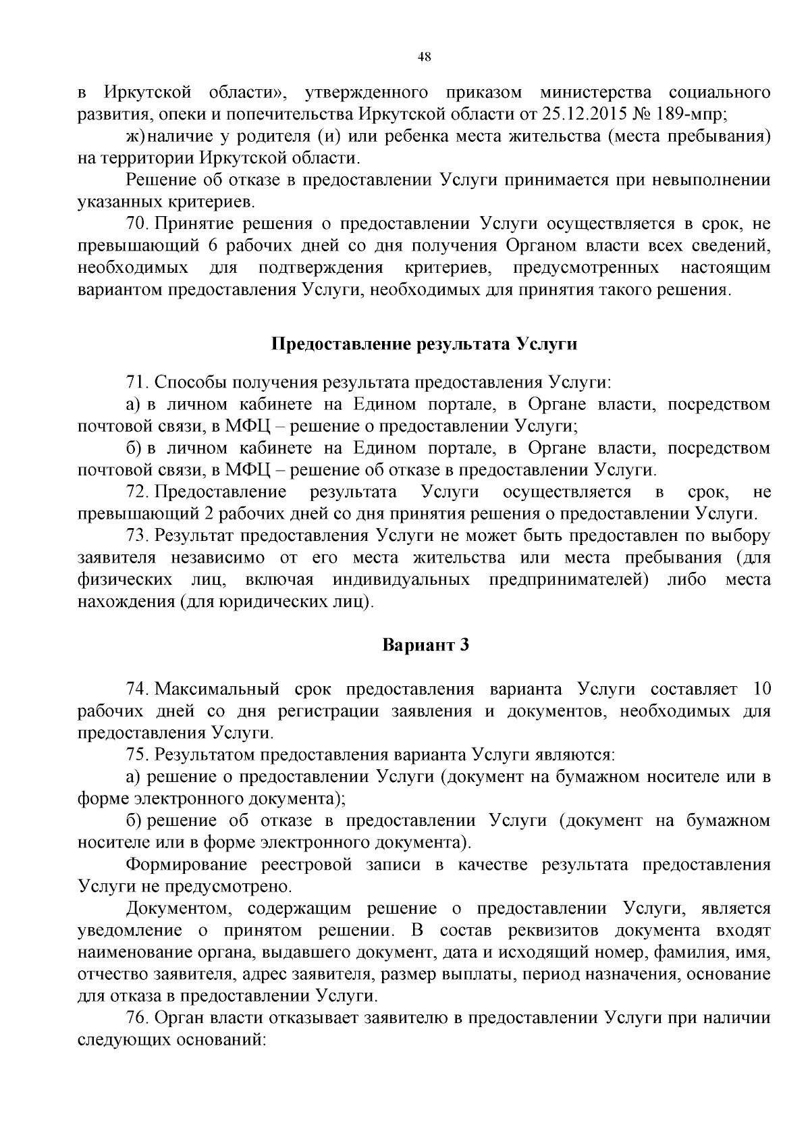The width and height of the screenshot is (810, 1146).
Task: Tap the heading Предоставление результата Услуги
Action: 424,344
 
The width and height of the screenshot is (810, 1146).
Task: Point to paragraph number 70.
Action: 137,224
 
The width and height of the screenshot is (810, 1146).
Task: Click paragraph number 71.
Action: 137,382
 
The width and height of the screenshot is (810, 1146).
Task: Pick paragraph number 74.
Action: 137,689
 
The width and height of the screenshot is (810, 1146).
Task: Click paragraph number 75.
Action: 137,754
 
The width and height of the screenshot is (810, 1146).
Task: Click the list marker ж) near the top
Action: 136,136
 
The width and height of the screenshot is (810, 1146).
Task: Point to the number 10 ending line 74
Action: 761,689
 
